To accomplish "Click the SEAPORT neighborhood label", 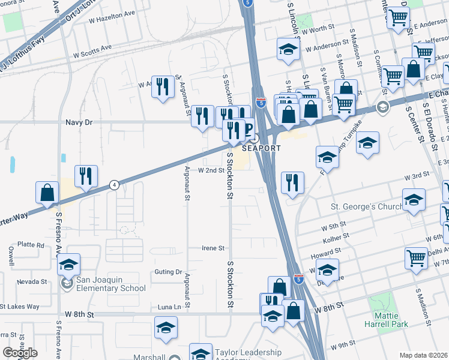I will point(258,148).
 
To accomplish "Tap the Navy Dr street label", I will point(79,122).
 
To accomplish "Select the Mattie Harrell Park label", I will point(386,320).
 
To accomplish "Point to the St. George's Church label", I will point(366,207).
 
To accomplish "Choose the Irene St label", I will point(212,248).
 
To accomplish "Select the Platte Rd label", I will point(31,245).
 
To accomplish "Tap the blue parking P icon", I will point(247,127).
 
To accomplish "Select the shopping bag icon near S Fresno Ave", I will point(47,193).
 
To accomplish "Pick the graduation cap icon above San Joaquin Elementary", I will point(69,264).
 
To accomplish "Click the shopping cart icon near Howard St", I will point(416,258).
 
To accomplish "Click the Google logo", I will point(20,353).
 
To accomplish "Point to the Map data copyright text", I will point(423,355).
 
